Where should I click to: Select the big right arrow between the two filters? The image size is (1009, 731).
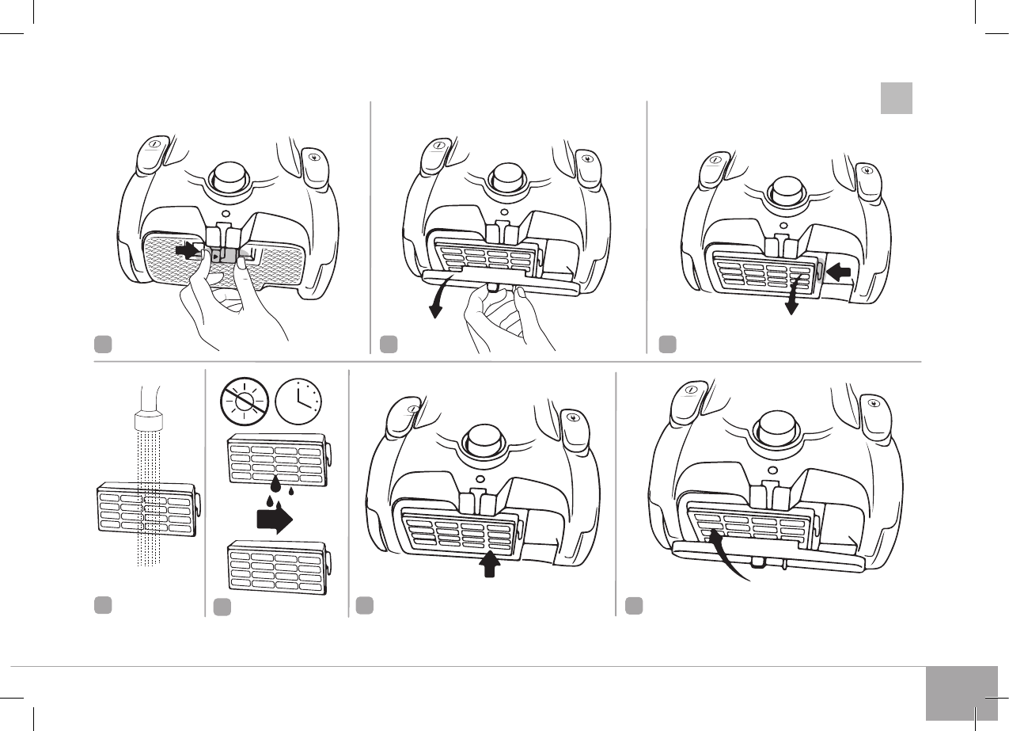pos(274,520)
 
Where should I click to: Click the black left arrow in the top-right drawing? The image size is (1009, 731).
pos(838,272)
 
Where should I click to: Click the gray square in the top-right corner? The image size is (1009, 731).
pos(897,98)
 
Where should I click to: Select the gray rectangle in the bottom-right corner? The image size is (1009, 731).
pos(962,693)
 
